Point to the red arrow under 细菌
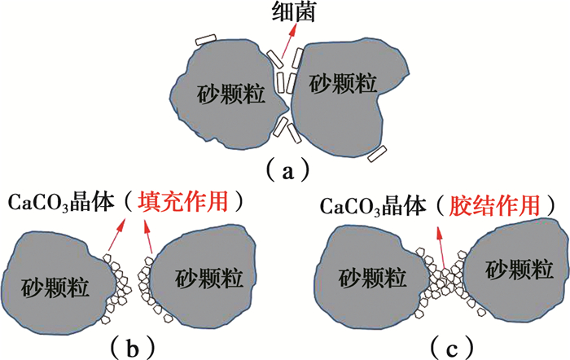(x=283, y=49)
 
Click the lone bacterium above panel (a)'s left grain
(x=206, y=40)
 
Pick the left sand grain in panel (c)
(x=370, y=281)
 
